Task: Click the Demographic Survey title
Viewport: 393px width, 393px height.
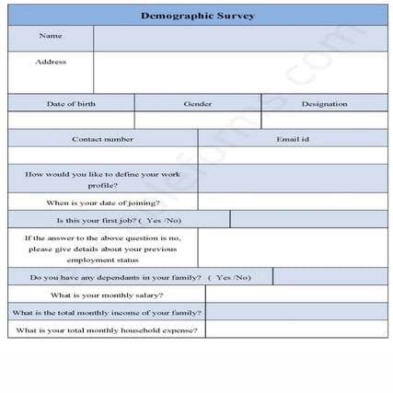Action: (x=197, y=16)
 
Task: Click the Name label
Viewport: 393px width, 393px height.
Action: (x=51, y=36)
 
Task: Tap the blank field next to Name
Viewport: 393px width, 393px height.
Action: (x=239, y=37)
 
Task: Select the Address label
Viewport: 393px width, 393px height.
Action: (x=51, y=62)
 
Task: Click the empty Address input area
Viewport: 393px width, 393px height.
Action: (x=239, y=72)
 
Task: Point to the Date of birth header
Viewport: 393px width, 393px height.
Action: (x=71, y=103)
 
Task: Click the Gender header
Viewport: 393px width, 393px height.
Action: (x=197, y=103)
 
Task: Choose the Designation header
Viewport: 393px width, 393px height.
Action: (x=324, y=103)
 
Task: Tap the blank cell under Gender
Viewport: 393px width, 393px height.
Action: (x=197, y=120)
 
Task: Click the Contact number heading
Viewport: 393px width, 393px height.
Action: (x=102, y=139)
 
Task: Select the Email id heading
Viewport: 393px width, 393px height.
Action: (x=293, y=139)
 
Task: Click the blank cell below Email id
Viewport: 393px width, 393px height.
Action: (x=293, y=156)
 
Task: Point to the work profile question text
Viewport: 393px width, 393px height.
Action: (x=102, y=179)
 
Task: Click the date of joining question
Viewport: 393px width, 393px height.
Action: (x=102, y=202)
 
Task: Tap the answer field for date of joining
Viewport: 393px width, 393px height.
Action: (x=293, y=202)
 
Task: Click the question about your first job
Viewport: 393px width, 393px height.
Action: (x=119, y=220)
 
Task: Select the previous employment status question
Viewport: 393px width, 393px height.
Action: (x=102, y=248)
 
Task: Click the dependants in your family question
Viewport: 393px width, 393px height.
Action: (x=140, y=277)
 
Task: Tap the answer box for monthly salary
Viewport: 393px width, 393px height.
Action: (x=295, y=295)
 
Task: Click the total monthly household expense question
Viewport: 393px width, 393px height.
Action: (x=107, y=329)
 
